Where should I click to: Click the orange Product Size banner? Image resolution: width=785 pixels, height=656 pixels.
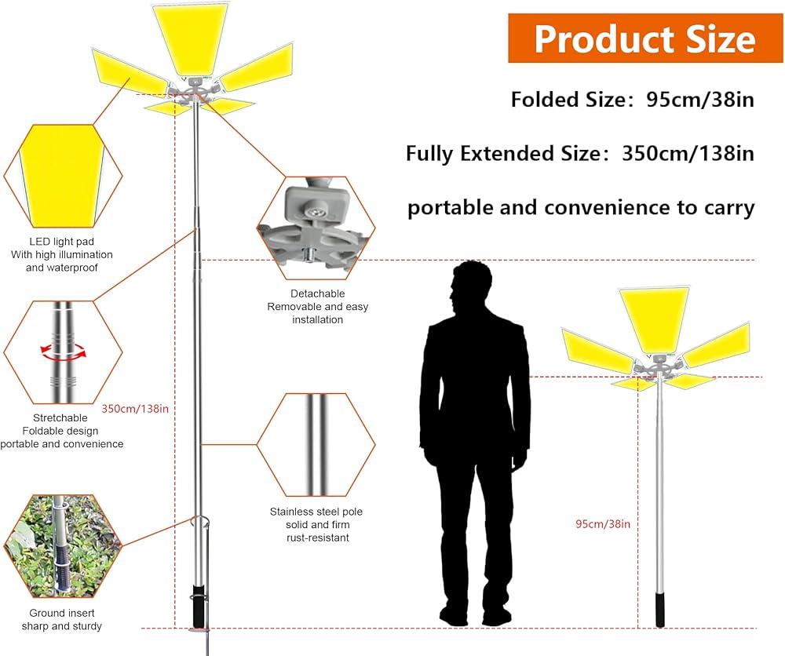645,38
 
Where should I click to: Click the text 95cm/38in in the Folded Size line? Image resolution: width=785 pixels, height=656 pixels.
700,100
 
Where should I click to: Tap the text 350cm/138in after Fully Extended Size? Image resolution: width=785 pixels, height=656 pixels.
688,153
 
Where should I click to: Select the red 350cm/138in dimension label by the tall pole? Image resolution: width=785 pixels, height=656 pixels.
135,409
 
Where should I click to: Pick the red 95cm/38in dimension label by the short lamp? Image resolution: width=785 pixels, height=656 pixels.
603,524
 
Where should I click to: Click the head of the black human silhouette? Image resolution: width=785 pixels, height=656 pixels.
469,288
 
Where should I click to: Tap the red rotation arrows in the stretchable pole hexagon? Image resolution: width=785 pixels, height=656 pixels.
64,352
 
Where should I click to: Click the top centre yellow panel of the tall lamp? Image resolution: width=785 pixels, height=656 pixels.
191,38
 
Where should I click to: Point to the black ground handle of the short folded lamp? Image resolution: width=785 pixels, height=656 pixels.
661,610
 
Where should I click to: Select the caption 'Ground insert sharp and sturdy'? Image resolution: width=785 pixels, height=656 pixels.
61,619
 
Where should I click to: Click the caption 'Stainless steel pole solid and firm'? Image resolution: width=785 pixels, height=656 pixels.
317,518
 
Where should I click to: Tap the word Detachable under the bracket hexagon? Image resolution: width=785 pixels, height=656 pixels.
317,293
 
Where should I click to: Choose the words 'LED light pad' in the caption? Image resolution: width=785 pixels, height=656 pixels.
61,242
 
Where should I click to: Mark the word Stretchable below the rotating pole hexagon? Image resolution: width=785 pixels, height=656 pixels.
60,417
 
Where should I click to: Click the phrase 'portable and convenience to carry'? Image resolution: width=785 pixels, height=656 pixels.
581,207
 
